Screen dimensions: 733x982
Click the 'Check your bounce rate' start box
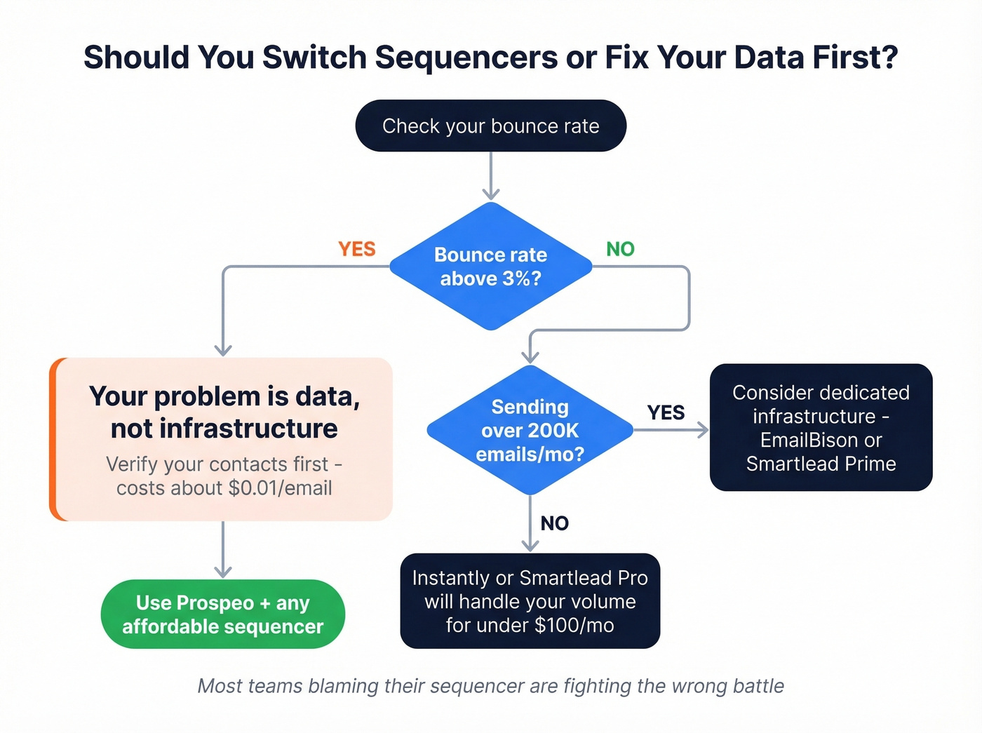tap(490, 126)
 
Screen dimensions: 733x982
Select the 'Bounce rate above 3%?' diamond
tap(490, 267)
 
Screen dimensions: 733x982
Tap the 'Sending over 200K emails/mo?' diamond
tap(530, 430)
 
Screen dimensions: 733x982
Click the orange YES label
tap(356, 249)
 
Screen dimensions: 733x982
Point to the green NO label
tap(620, 249)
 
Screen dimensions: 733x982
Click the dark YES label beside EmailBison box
tap(665, 412)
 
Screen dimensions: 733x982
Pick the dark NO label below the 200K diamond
tap(554, 523)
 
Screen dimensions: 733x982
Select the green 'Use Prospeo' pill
tap(223, 614)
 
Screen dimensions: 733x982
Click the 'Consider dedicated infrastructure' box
tap(821, 427)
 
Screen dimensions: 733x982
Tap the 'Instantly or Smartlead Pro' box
tap(530, 601)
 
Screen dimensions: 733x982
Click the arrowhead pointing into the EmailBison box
tap(703, 430)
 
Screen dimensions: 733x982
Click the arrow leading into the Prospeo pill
tap(223, 551)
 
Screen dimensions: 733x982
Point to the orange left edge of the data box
tap(53, 439)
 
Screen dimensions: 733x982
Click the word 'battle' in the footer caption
tap(758, 686)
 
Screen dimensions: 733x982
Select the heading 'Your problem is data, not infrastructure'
tap(224, 412)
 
